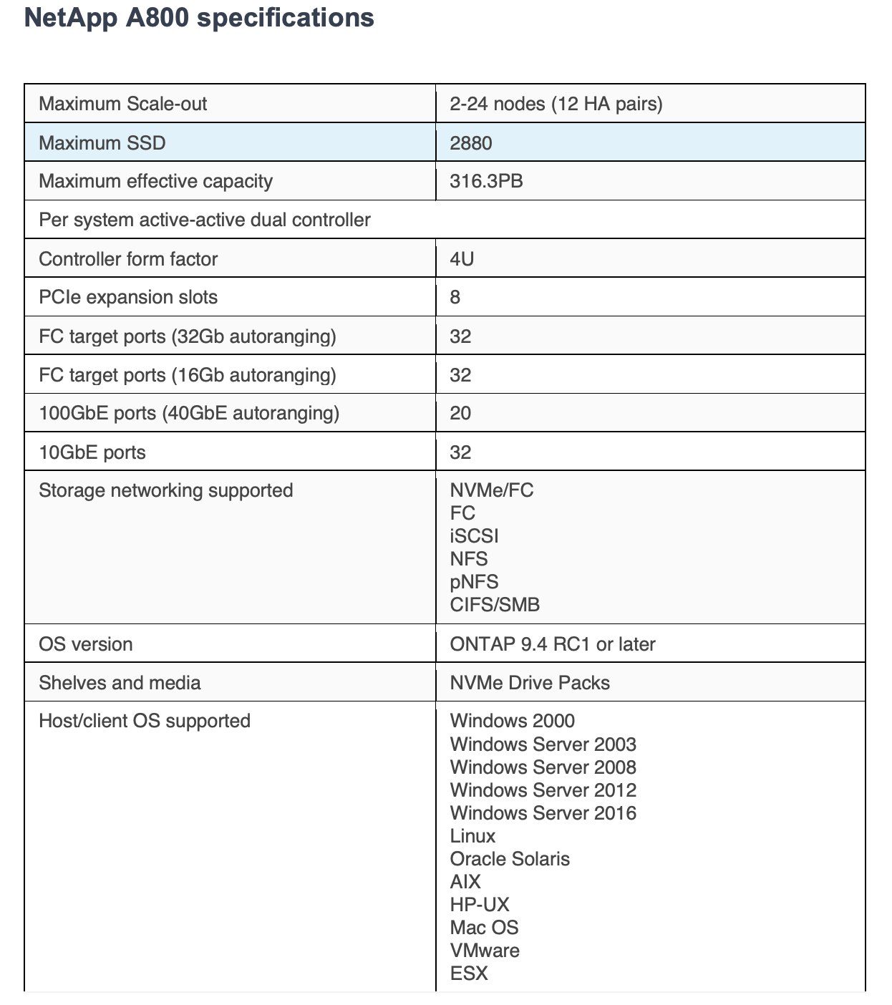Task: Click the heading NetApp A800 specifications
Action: [199, 18]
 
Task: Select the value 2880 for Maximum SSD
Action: [470, 143]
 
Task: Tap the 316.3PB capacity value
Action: [486, 181]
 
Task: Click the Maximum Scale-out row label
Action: [122, 104]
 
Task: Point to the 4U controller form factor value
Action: [462, 258]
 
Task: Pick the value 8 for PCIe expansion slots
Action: [455, 297]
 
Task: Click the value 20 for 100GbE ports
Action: [460, 413]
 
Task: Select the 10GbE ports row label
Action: [92, 452]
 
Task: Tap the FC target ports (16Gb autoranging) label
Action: [188, 375]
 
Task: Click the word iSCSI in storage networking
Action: [474, 536]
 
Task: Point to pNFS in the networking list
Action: [474, 582]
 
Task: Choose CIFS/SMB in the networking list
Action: [495, 605]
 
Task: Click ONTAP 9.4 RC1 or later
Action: [553, 644]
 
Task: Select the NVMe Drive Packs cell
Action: [530, 683]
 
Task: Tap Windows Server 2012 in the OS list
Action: [543, 790]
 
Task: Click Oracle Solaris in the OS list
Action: [510, 859]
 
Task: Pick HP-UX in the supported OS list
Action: [480, 905]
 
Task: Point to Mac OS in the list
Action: [484, 928]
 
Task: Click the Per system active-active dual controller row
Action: [205, 220]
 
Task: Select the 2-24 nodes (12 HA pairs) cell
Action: [556, 104]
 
